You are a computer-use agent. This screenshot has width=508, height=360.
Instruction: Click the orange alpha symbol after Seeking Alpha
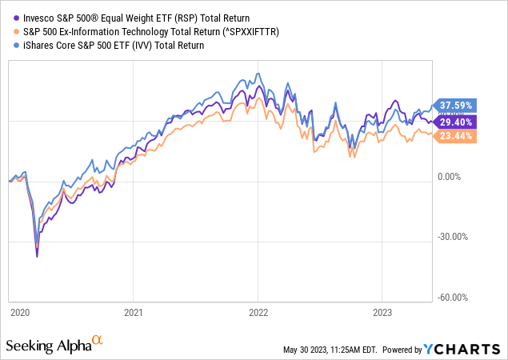pos(98,341)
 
